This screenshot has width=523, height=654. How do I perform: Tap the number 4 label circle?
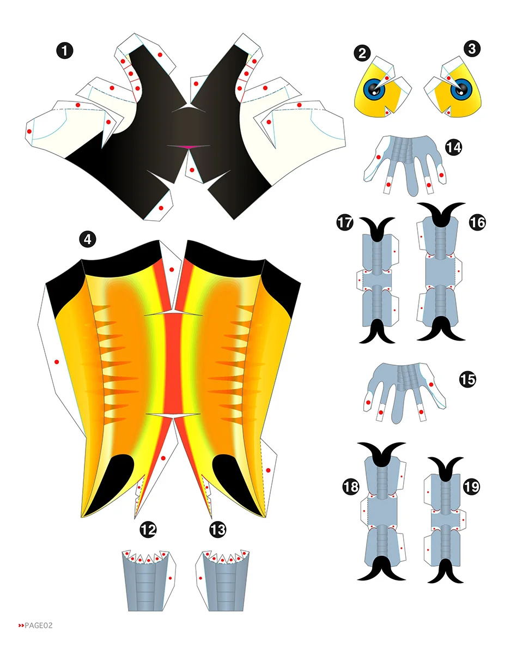(88, 238)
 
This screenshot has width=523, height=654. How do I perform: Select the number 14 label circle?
(453, 147)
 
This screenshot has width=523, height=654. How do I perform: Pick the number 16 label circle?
(476, 222)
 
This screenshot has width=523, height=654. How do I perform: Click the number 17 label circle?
(345, 223)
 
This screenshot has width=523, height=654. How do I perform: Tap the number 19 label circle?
(472, 487)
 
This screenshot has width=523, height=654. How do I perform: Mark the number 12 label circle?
(148, 529)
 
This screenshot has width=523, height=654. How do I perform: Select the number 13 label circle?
(217, 529)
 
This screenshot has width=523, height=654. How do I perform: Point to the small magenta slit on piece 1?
(187, 146)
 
